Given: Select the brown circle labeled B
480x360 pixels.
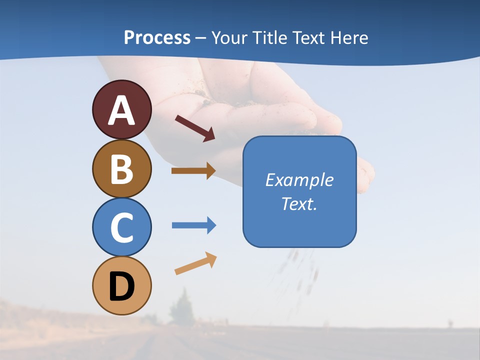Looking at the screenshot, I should coord(122,168).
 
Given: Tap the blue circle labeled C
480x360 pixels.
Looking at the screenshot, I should coord(122,227).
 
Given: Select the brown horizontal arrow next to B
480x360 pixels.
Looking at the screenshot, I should coord(193,171).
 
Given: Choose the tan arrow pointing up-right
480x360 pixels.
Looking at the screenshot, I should coord(195,263).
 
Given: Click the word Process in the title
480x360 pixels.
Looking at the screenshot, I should coord(157,38).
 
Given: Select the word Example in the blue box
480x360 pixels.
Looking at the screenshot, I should coord(299,180).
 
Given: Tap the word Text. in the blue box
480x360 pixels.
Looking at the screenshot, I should coord(299,203).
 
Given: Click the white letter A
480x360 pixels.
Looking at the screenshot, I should coord(122,110).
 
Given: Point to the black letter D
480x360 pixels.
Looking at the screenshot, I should coord(122,287).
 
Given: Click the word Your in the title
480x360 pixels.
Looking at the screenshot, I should coord(228,38).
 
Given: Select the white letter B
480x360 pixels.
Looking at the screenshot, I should coord(122,169).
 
